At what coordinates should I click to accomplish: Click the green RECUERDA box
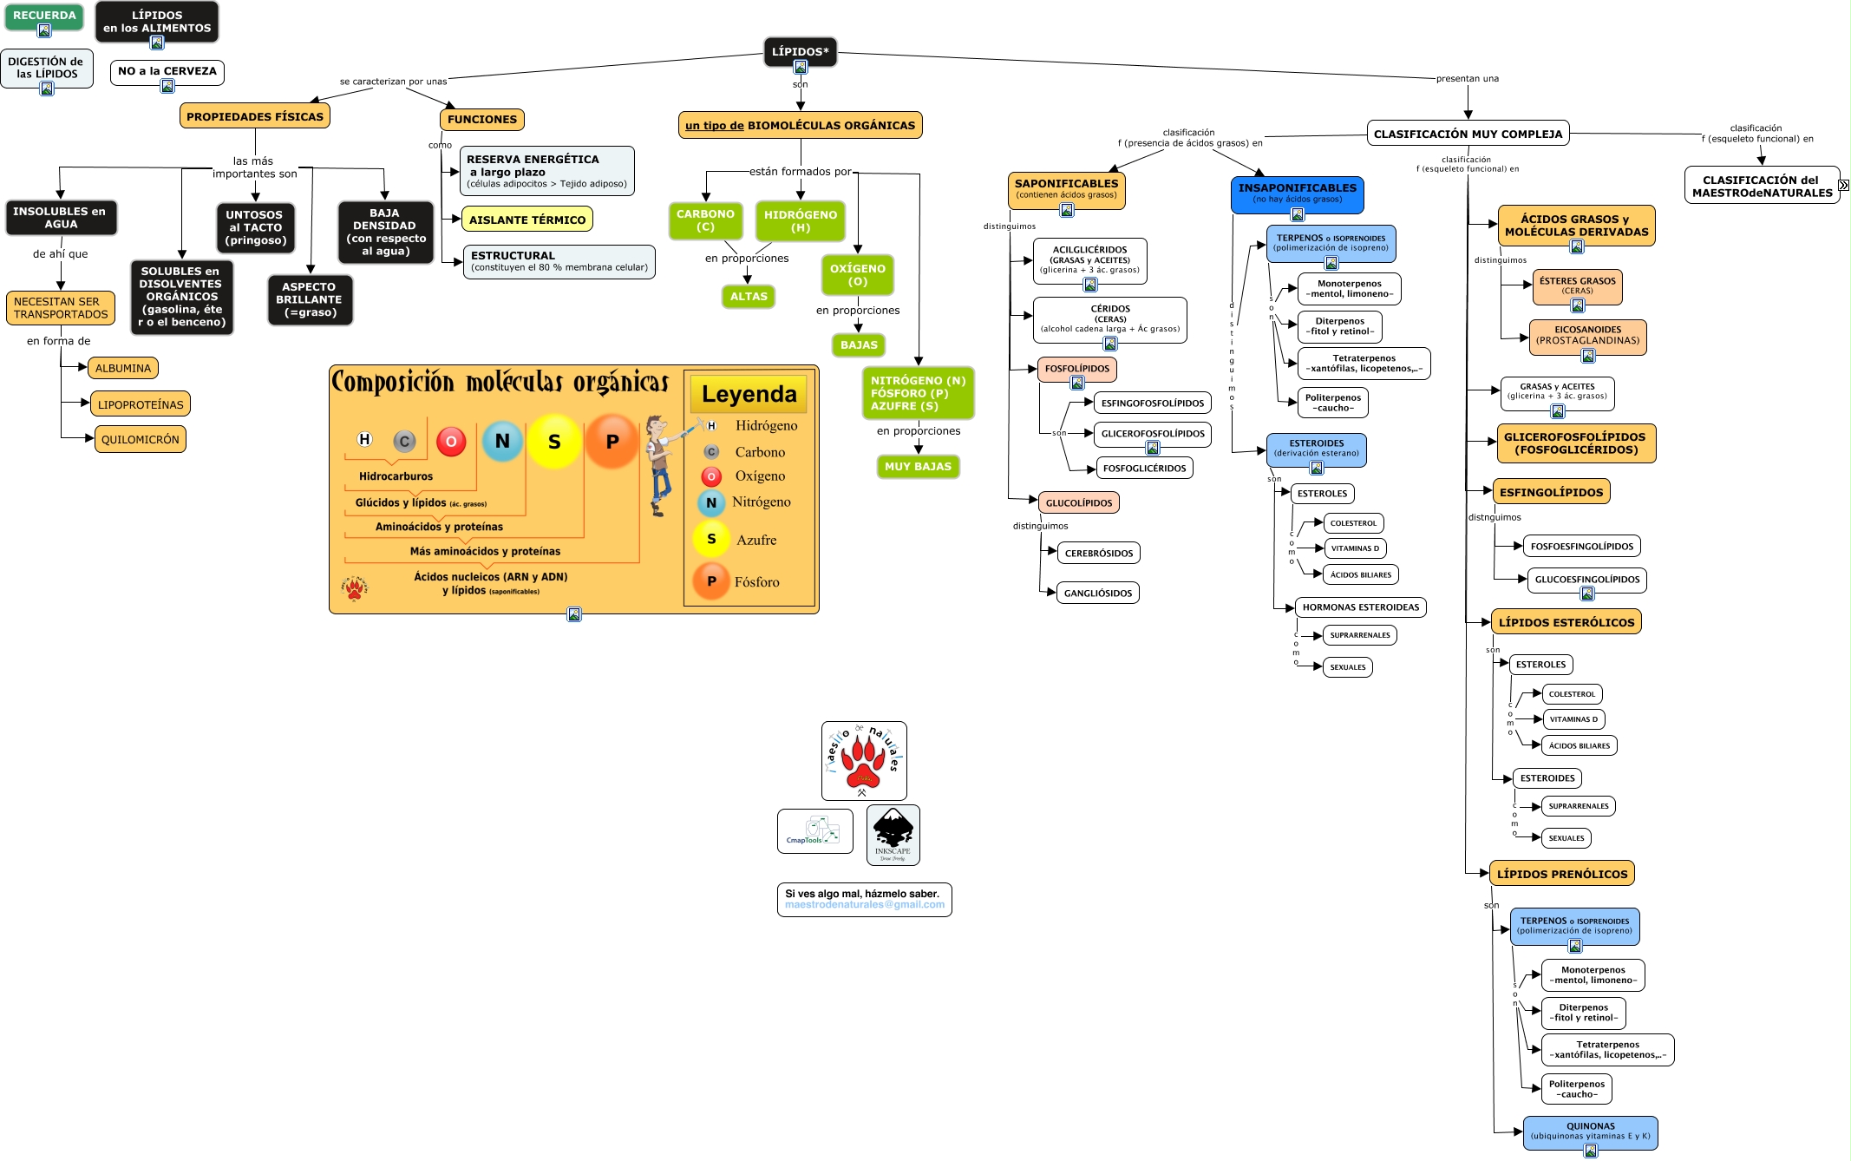(x=44, y=16)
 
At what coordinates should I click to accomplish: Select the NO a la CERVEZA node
(x=167, y=71)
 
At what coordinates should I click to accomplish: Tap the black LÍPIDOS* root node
(x=800, y=51)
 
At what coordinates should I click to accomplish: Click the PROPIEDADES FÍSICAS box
(x=254, y=116)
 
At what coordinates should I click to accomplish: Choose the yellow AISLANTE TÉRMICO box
(x=527, y=220)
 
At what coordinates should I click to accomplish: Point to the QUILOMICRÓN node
(x=140, y=439)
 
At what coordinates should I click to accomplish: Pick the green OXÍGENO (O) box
(x=857, y=275)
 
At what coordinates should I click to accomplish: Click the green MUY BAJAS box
(x=918, y=467)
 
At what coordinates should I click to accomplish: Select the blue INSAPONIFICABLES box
(x=1297, y=193)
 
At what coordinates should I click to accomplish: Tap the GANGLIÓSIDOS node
(x=1097, y=594)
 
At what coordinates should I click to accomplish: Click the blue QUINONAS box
(x=1590, y=1131)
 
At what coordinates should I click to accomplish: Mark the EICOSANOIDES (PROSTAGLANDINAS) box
(x=1587, y=335)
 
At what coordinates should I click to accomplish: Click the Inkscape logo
(x=893, y=834)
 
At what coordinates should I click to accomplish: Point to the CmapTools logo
(x=814, y=831)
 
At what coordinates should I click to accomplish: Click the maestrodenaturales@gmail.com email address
(x=864, y=905)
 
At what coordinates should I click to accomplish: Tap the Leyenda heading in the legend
(x=749, y=395)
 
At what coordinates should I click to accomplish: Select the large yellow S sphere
(x=554, y=442)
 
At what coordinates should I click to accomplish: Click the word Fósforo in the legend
(x=756, y=582)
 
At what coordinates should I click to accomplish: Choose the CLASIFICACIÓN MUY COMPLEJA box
(x=1468, y=134)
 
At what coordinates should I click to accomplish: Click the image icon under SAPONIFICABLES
(x=1067, y=209)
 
